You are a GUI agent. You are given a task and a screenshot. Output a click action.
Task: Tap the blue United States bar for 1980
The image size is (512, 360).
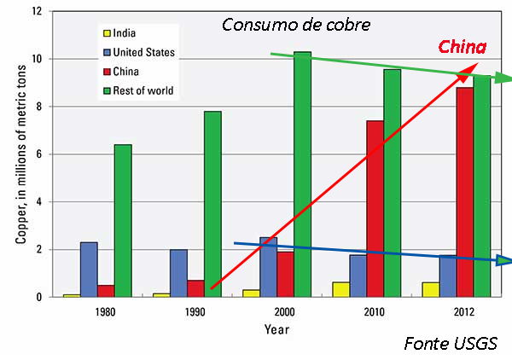click(89, 270)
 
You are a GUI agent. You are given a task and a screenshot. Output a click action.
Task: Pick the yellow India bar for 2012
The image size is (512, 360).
click(429, 289)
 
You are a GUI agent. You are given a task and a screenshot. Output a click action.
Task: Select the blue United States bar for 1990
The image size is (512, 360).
click(178, 273)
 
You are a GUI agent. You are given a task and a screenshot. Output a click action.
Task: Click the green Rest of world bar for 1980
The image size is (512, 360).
click(123, 221)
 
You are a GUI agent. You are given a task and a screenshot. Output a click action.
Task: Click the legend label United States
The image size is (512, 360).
click(146, 53)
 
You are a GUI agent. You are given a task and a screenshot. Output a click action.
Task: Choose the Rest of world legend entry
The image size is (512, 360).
click(147, 90)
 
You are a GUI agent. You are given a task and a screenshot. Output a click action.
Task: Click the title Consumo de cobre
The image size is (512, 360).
click(296, 25)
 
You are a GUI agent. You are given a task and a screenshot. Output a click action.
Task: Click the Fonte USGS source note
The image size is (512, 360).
click(451, 344)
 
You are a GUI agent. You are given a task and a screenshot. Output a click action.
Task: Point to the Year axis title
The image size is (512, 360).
click(276, 328)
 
